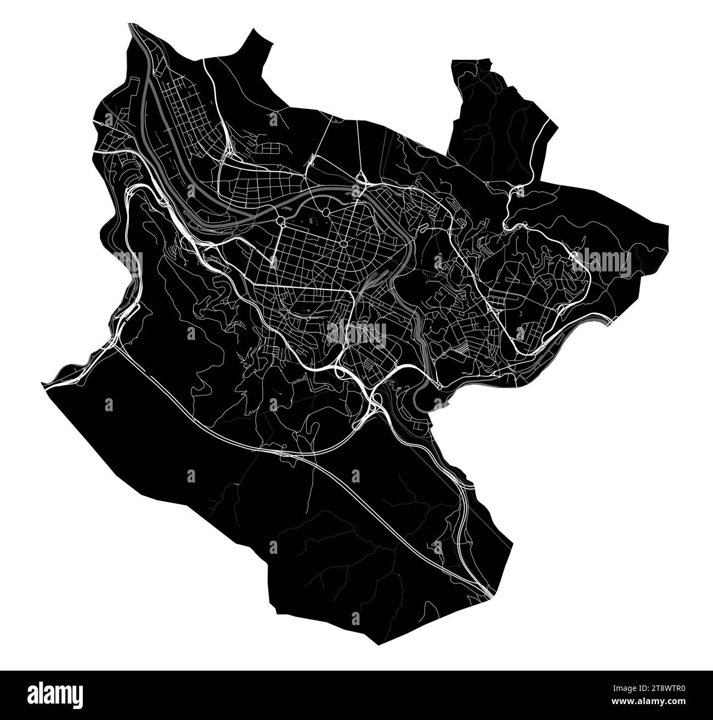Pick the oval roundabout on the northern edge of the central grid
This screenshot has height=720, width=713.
pyautogui.click(x=327, y=211)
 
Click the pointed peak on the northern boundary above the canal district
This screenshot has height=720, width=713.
pyautogui.click(x=254, y=30)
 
